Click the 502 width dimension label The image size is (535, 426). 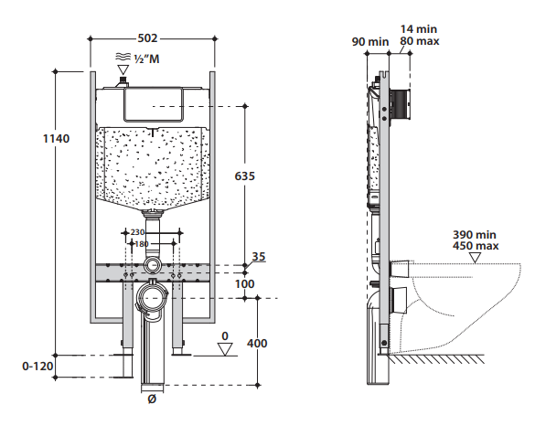[x=147, y=38]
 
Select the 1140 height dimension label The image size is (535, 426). [x=57, y=138]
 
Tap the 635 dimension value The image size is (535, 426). [x=245, y=176]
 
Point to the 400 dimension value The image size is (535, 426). [x=257, y=343]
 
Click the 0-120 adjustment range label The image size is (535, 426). [x=37, y=367]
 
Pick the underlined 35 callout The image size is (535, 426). [x=259, y=257]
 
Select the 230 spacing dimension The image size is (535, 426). [x=137, y=232]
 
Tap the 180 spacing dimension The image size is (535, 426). [x=142, y=244]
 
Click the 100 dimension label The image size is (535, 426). [x=245, y=283]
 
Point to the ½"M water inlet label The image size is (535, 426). [x=146, y=59]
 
